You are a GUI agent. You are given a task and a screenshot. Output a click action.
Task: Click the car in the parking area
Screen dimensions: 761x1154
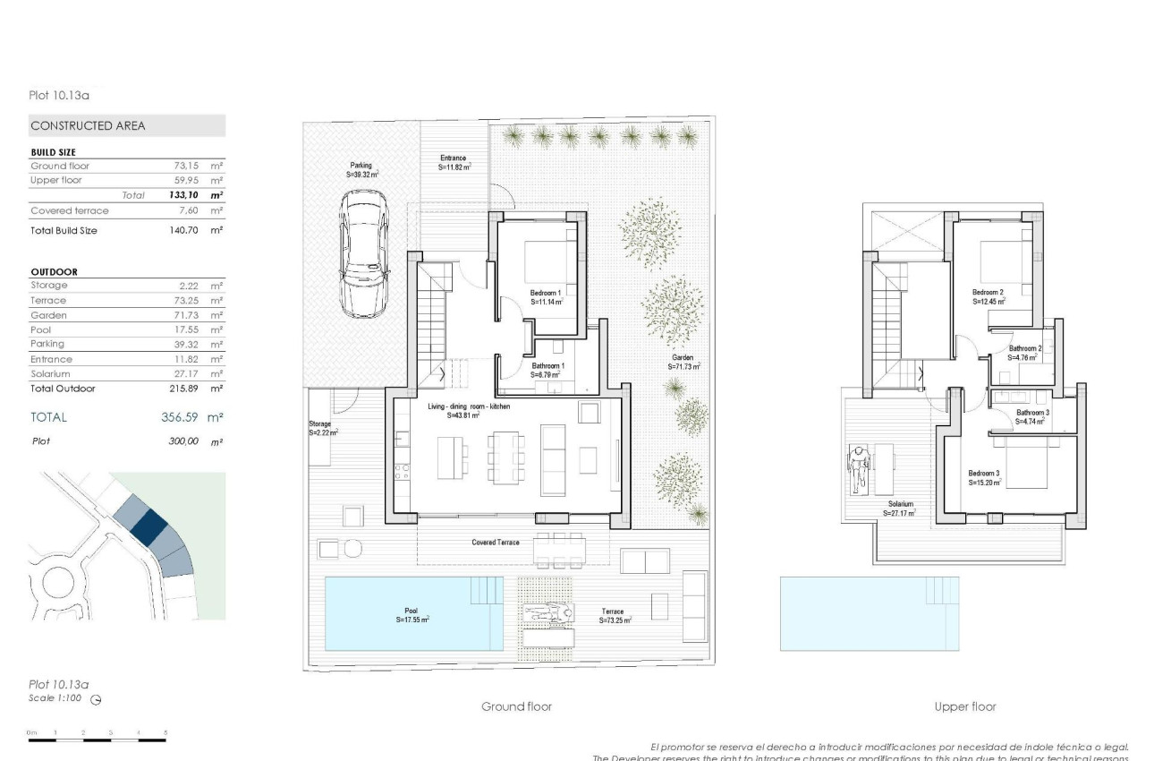[x=362, y=243]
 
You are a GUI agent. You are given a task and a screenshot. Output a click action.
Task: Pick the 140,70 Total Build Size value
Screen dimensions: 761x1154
[x=184, y=231]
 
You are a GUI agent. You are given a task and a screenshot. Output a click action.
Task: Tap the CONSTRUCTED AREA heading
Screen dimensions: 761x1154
[x=88, y=126]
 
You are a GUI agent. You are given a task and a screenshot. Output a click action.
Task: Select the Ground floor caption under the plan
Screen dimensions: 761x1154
[x=516, y=706]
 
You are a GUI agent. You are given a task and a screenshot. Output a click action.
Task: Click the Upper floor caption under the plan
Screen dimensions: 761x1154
[x=965, y=706]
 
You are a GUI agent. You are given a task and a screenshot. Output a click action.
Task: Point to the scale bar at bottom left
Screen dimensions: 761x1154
[x=97, y=740]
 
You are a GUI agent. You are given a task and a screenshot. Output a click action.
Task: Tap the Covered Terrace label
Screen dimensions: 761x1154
[x=496, y=543]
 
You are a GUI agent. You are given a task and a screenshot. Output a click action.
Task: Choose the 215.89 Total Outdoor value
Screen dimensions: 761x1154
[x=184, y=389]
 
